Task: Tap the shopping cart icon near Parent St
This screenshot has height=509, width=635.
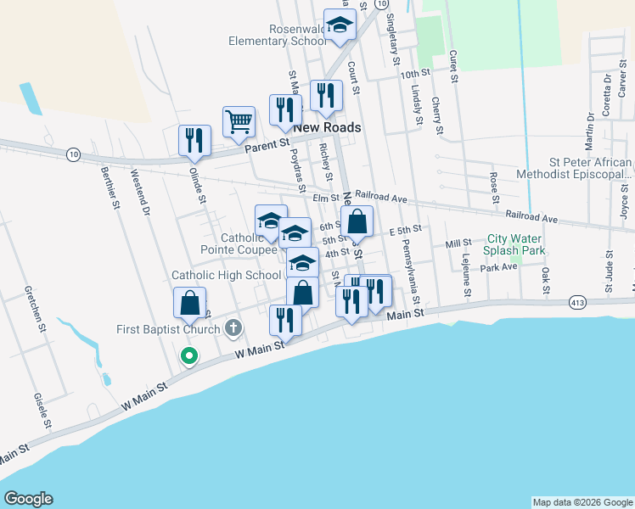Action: (x=239, y=120)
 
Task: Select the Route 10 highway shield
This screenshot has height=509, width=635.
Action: (x=74, y=154)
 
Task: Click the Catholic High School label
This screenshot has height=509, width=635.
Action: (x=226, y=275)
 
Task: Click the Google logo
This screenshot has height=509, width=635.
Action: (x=28, y=499)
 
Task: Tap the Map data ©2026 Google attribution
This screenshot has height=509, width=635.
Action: (x=582, y=502)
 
